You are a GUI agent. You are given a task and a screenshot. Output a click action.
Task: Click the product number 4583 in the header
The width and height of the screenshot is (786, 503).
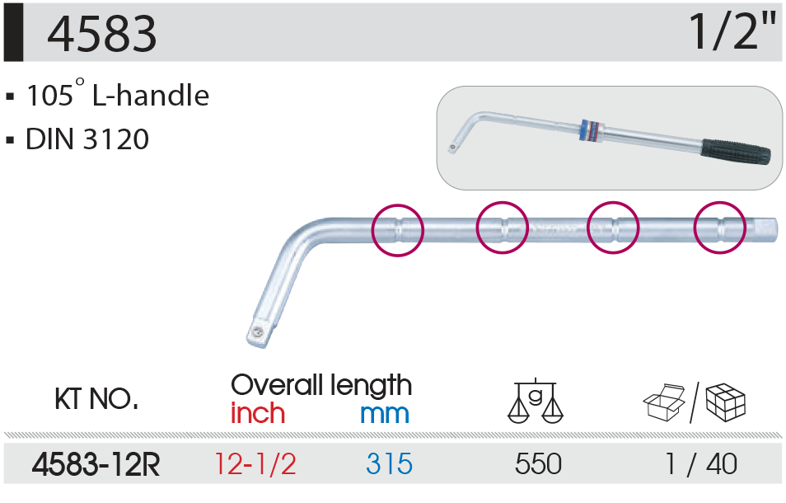[x=102, y=34]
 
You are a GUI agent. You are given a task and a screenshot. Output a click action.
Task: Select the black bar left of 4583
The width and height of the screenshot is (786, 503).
[x=13, y=33]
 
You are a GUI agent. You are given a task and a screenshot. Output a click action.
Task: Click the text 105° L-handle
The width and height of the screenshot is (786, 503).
[x=118, y=94]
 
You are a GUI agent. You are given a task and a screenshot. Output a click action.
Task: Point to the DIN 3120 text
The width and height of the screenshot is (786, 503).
[x=87, y=139]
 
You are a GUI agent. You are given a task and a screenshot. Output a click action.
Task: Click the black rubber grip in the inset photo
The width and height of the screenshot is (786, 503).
[x=736, y=152]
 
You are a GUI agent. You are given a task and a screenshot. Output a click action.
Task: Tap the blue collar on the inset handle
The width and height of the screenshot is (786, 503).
[x=592, y=131]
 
